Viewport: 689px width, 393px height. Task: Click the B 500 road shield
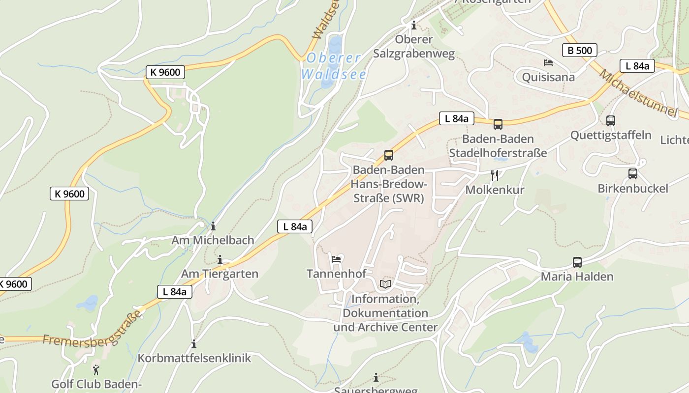coord(580,50)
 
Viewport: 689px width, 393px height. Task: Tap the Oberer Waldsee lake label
coord(334,66)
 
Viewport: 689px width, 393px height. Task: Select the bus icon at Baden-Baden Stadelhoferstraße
coord(498,124)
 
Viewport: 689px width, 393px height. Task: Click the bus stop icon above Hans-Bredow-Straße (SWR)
coord(389,156)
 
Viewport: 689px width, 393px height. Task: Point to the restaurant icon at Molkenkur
coord(495,175)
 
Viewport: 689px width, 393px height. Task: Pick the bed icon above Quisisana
coord(548,63)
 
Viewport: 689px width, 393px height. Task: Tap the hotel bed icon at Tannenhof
coord(337,259)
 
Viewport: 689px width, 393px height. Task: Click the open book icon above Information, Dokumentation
coord(385,284)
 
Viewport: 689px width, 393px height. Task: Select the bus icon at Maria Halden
coord(577,262)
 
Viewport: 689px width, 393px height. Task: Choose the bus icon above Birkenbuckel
coord(633,173)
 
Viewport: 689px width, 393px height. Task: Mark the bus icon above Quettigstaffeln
coord(611,120)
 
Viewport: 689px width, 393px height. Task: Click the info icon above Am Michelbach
coord(213,226)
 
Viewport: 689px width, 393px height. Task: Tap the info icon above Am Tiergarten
coord(220,259)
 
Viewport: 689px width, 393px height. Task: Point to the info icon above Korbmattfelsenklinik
coord(194,344)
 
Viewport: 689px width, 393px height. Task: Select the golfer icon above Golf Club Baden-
coord(96,370)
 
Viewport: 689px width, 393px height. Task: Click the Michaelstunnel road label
coord(638,93)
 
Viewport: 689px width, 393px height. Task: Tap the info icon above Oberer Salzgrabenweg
coord(414,25)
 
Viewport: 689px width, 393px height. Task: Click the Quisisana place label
coord(548,77)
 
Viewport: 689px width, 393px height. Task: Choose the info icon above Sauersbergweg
coord(376,377)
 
